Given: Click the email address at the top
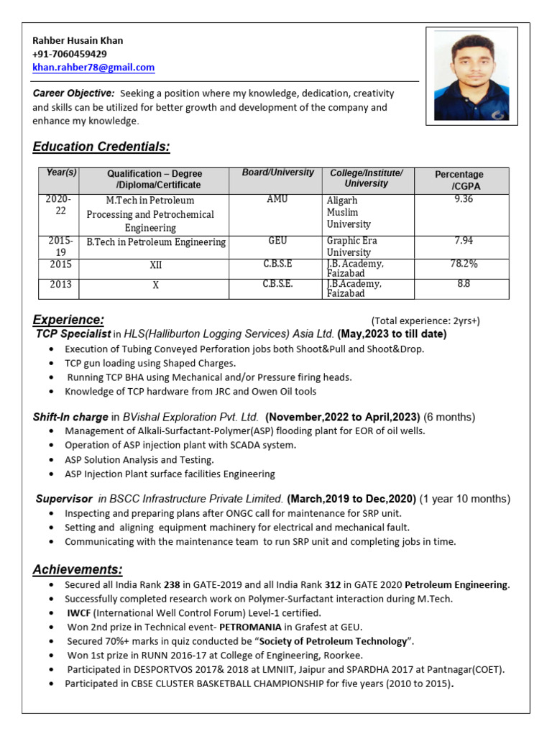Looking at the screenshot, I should [x=93, y=68].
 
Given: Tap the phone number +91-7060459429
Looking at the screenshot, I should [x=70, y=54].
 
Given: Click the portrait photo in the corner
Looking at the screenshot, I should [x=471, y=74].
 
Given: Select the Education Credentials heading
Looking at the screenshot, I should [x=101, y=147].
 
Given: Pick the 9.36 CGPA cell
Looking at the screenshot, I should [x=464, y=200].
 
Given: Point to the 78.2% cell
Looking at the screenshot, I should [x=464, y=264].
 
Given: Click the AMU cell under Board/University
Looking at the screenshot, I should [x=277, y=200].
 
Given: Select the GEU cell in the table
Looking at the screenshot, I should [x=277, y=241].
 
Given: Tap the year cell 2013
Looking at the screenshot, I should [x=60, y=285].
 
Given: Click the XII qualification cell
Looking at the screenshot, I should [x=155, y=264].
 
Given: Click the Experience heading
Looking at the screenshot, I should [x=68, y=320].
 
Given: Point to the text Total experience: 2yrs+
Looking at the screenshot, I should [x=425, y=321].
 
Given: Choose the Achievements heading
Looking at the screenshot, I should [x=77, y=570].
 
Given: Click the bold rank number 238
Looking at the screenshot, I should [x=172, y=585].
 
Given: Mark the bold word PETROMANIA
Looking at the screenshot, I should [x=250, y=627].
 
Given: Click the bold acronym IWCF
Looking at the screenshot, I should [x=79, y=613].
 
